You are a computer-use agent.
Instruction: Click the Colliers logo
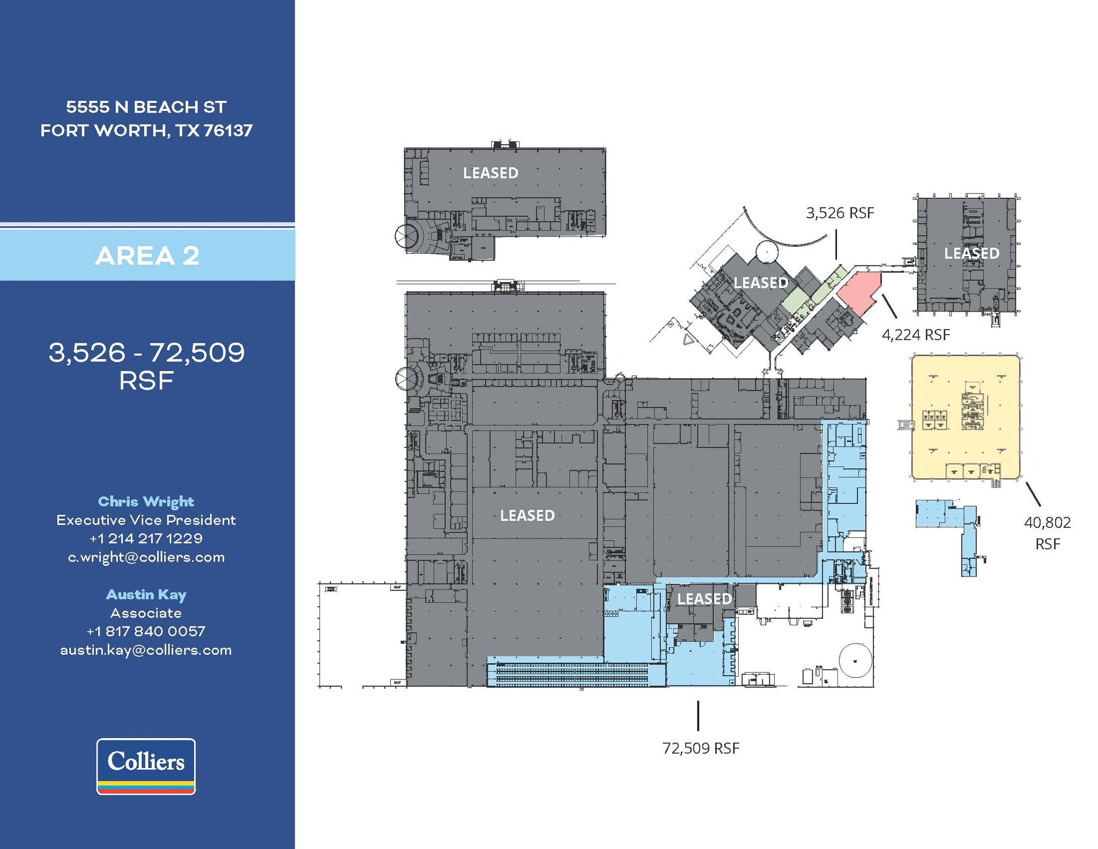146,766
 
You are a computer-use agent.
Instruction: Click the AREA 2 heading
147,255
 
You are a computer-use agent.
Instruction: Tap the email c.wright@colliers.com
146,557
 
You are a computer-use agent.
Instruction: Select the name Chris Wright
146,501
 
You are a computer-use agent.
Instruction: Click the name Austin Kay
146,594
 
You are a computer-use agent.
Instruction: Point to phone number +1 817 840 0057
146,631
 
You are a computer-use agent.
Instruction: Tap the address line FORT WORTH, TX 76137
146,130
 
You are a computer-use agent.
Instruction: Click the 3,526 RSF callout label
840,213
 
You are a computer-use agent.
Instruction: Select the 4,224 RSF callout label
915,335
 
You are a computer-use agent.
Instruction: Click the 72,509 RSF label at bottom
701,748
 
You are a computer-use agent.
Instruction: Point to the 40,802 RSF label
1047,533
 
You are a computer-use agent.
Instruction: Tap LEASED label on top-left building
491,173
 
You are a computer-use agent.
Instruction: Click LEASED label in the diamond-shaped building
760,283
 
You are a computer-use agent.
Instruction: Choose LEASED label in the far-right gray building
971,253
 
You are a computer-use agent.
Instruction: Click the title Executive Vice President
146,520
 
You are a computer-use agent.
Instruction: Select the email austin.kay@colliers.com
146,650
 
